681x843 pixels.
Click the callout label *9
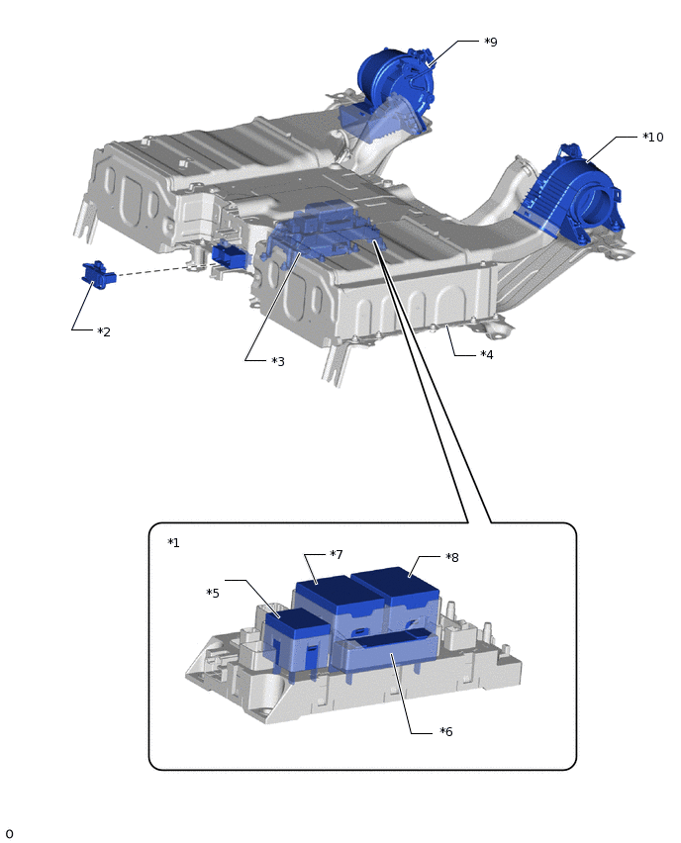(491, 42)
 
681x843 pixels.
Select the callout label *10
(653, 138)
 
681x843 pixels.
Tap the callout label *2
(104, 331)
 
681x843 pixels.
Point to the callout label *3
(278, 361)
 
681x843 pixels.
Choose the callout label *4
(487, 354)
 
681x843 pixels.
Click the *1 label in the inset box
(173, 542)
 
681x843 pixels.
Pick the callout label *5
(213, 593)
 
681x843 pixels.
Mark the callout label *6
(446, 731)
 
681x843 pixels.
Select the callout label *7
(337, 554)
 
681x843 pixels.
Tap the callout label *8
(451, 557)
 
